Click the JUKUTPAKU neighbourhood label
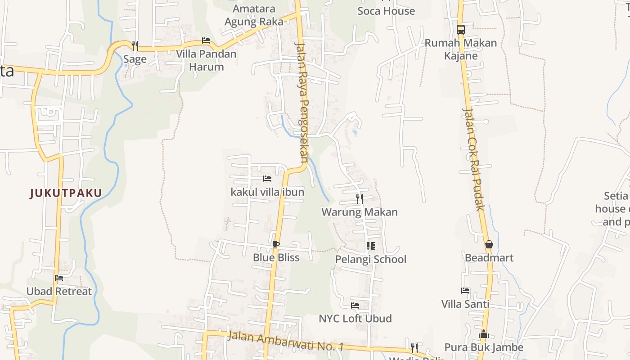pyautogui.click(x=66, y=193)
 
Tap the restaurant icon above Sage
pyautogui.click(x=135, y=45)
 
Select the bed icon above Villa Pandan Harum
pyautogui.click(x=206, y=40)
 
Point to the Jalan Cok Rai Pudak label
pyautogui.click(x=473, y=159)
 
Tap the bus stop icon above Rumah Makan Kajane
pyautogui.click(x=460, y=30)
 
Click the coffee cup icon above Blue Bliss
pyautogui.click(x=276, y=244)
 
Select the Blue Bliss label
pyautogui.click(x=276, y=257)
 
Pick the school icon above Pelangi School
pyautogui.click(x=370, y=246)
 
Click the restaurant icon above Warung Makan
pyautogui.click(x=359, y=198)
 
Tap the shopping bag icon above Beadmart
pyautogui.click(x=489, y=244)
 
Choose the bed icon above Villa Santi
pyautogui.click(x=465, y=291)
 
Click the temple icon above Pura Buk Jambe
pyautogui.click(x=484, y=334)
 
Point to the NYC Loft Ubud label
pyautogui.click(x=355, y=319)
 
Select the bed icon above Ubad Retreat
pyautogui.click(x=59, y=278)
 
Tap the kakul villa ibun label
pyautogui.click(x=267, y=192)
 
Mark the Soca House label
pyautogui.click(x=386, y=11)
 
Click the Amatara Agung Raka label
pyautogui.click(x=254, y=15)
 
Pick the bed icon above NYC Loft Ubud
pyautogui.click(x=355, y=306)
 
